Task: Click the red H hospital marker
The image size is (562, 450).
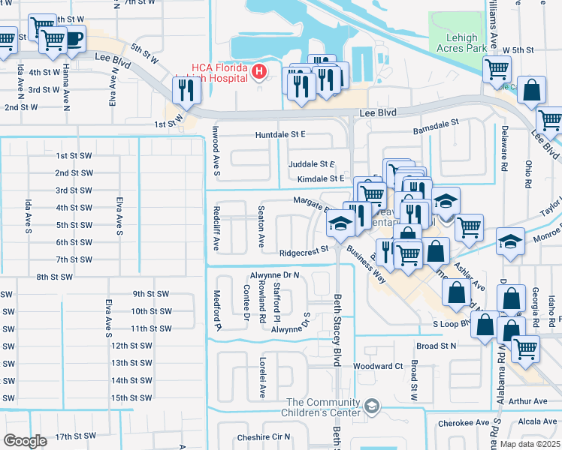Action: (259, 72)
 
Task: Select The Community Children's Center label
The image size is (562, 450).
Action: (321, 407)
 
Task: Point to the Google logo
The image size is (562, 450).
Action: (25, 440)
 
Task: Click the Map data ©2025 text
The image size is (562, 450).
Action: (528, 444)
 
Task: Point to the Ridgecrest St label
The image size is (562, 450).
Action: (304, 253)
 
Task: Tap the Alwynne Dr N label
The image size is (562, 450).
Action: (275, 275)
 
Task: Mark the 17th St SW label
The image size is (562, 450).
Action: (75, 436)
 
